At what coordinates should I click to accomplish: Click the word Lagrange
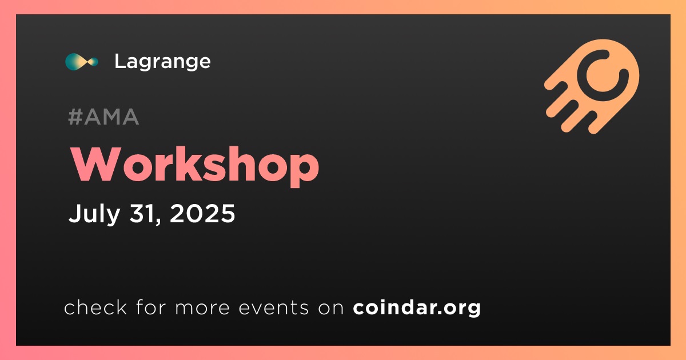coord(162,62)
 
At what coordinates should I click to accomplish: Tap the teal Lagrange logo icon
coord(82,62)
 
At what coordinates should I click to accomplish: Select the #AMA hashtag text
coord(103,117)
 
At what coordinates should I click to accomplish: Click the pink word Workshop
coord(195,166)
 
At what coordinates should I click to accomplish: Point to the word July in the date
coord(94,214)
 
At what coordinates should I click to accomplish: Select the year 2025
coord(202,213)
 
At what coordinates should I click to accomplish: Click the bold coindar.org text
coord(417,308)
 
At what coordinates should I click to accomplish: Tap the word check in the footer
coord(95,307)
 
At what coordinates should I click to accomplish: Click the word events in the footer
coord(273,308)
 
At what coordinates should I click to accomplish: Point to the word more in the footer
coord(202,308)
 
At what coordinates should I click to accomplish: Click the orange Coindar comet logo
coord(592,86)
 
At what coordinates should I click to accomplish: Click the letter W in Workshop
coord(95,165)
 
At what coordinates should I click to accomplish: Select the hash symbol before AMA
coord(75,117)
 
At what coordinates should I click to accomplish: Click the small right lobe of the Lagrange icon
coord(93,62)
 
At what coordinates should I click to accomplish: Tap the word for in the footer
coord(151,307)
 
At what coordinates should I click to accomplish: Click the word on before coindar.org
coord(331,308)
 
